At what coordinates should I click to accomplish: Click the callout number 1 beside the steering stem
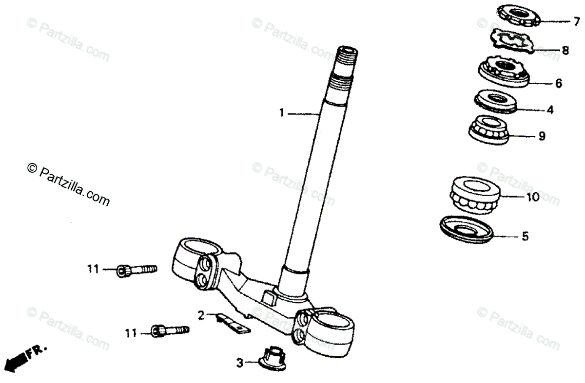[281, 113]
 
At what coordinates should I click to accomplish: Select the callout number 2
[201, 315]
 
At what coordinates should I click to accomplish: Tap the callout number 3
[239, 363]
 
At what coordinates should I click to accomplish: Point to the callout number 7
[576, 21]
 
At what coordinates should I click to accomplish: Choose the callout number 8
[565, 50]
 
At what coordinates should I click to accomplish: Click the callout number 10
[532, 197]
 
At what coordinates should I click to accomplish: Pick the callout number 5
[525, 237]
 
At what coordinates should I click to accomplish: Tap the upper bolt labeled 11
[136, 270]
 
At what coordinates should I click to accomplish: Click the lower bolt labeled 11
[171, 330]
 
